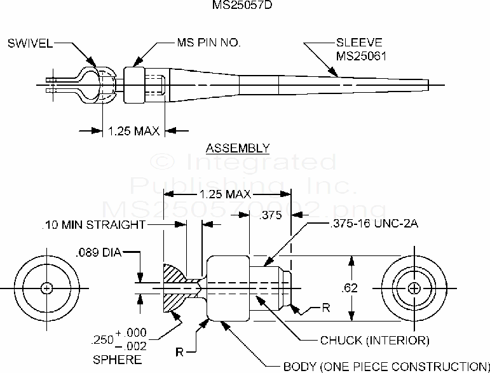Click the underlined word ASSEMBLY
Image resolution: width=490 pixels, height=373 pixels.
pos(238,149)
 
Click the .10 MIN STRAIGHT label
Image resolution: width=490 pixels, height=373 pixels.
pos(93,224)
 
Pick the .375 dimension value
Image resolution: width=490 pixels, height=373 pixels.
pos(271,215)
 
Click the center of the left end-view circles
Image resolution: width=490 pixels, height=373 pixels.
pos(46,288)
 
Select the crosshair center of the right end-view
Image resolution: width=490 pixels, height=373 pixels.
pos(415,288)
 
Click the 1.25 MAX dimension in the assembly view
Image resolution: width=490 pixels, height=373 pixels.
pos(133,131)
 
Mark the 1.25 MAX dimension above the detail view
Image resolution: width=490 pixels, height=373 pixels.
pos(226,194)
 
